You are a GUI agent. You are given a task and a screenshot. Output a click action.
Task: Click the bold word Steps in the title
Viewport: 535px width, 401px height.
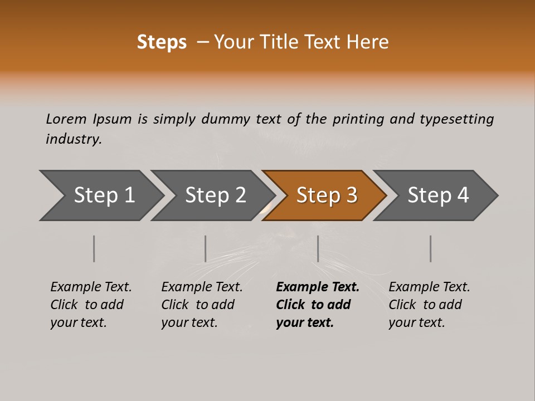click(x=162, y=42)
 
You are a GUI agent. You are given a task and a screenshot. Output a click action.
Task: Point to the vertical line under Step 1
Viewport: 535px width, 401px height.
click(x=94, y=248)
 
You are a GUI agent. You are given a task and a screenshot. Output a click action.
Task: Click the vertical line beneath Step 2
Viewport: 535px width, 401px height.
click(x=206, y=248)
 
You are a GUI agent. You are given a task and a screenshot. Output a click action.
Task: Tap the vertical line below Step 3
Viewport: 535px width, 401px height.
click(x=318, y=248)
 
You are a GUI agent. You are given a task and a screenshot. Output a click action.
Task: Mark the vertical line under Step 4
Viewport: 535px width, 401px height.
click(x=431, y=248)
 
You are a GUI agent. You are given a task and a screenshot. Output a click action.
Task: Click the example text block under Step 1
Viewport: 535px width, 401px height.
click(x=91, y=305)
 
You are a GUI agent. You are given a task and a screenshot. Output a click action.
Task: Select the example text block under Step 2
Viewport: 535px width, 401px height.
click(x=202, y=305)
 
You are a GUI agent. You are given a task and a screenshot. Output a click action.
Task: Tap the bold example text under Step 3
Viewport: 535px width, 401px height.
click(x=318, y=305)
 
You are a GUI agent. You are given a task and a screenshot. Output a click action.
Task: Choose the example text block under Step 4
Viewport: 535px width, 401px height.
click(x=429, y=305)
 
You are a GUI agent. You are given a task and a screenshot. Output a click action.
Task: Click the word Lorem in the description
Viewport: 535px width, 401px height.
click(x=66, y=119)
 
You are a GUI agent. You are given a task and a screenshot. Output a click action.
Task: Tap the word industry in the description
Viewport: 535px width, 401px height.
click(x=74, y=139)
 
